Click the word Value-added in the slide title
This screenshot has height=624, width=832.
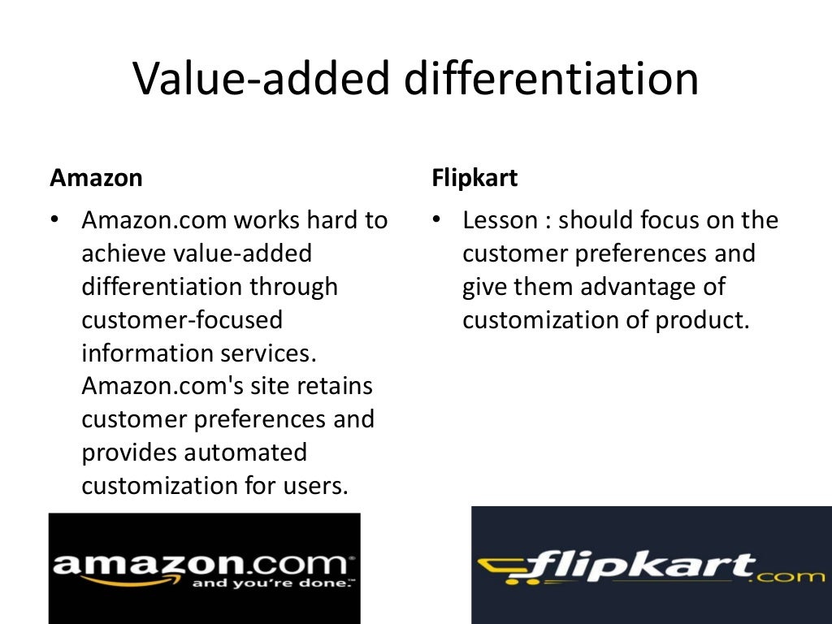[x=241, y=80]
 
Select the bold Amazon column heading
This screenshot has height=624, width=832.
[x=96, y=179]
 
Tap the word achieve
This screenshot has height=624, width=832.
[x=123, y=254]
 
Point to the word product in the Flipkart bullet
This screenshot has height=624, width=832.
[x=700, y=321]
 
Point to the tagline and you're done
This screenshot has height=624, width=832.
[x=271, y=583]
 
